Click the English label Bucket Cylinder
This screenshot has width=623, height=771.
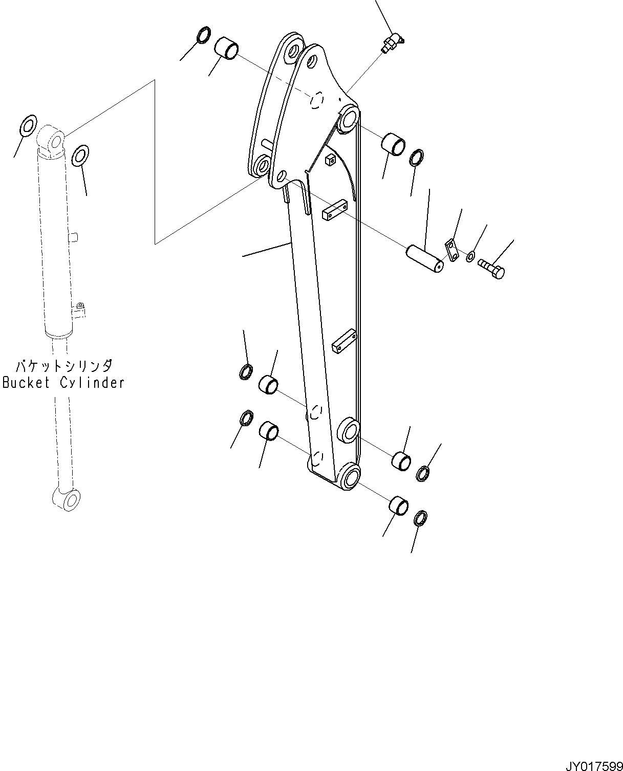63,382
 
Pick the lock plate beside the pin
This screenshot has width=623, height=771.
452,249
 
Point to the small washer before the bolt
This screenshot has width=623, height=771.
470,256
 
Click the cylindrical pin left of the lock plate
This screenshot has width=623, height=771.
424,258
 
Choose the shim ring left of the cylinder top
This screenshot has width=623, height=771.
29,124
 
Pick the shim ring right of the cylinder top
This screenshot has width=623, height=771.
80,156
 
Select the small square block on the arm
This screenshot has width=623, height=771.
331,160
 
